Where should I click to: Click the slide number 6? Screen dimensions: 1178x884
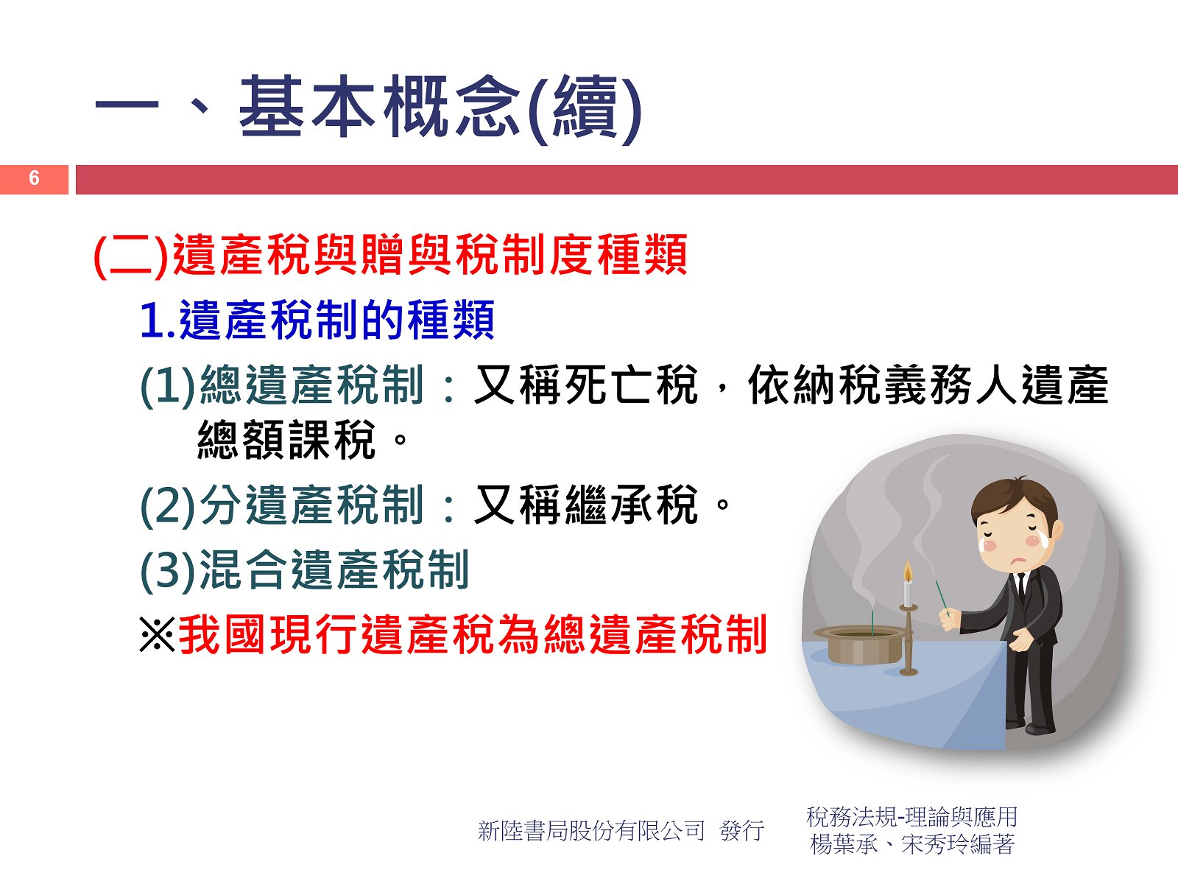(34, 178)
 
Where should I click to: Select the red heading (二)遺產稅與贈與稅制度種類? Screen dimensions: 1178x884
(390, 255)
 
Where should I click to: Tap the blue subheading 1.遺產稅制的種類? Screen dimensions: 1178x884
(317, 320)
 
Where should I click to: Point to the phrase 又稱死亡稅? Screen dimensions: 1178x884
(585, 385)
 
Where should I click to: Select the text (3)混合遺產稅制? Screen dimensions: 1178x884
(304, 570)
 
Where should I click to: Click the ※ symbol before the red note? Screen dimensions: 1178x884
(157, 634)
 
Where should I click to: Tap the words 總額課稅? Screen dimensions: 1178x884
(286, 440)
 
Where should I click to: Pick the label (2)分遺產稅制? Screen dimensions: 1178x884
(282, 505)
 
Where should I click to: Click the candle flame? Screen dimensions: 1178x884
(908, 571)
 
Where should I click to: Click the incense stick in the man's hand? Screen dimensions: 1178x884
(942, 597)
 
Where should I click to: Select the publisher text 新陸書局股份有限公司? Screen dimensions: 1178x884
(591, 830)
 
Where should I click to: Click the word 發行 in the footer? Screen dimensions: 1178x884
(741, 830)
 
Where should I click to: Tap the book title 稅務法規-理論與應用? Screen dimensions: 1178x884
(911, 817)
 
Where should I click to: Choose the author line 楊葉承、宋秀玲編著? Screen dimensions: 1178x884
(911, 844)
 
